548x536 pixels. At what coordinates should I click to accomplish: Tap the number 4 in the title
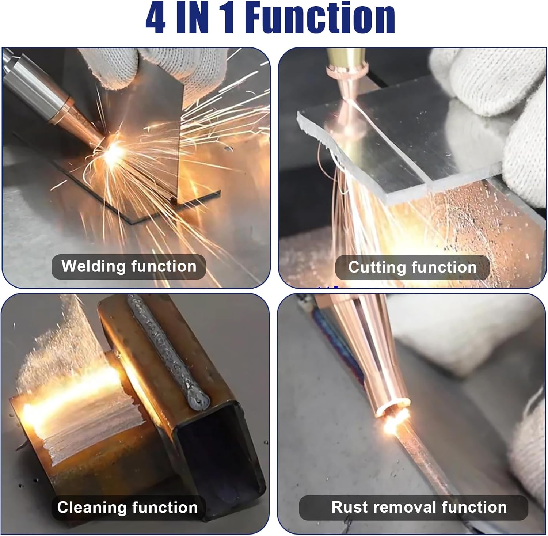(x=156, y=18)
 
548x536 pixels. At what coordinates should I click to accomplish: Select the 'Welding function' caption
(x=129, y=266)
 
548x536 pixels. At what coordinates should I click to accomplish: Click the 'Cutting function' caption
(x=412, y=267)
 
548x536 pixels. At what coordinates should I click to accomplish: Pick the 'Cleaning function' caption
(x=128, y=508)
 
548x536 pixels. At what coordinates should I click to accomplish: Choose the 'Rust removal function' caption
(x=419, y=507)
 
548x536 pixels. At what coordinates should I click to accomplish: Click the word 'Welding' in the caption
(x=93, y=266)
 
